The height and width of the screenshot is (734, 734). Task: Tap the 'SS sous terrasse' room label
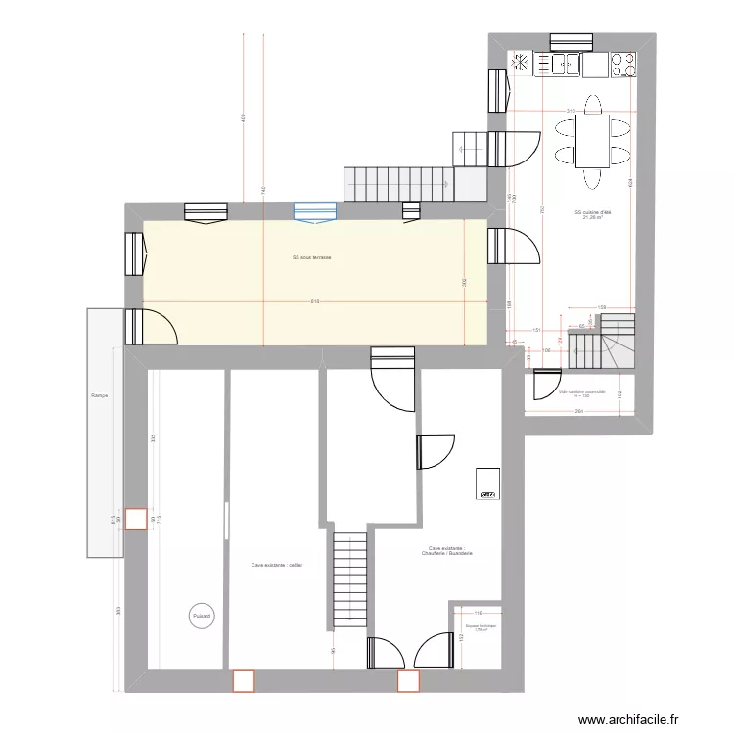(x=311, y=257)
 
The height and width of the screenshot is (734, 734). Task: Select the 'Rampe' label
(x=99, y=396)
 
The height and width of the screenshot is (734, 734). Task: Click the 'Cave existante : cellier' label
(x=277, y=565)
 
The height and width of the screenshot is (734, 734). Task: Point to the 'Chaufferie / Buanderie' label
(x=446, y=552)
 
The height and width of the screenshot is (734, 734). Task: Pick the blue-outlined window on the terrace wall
(x=315, y=209)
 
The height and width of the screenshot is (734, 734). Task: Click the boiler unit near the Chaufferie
(x=487, y=483)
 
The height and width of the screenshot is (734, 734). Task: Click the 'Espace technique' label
(x=482, y=626)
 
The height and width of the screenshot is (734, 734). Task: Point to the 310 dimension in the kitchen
(x=570, y=110)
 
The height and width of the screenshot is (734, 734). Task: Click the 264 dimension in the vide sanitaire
(x=579, y=412)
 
